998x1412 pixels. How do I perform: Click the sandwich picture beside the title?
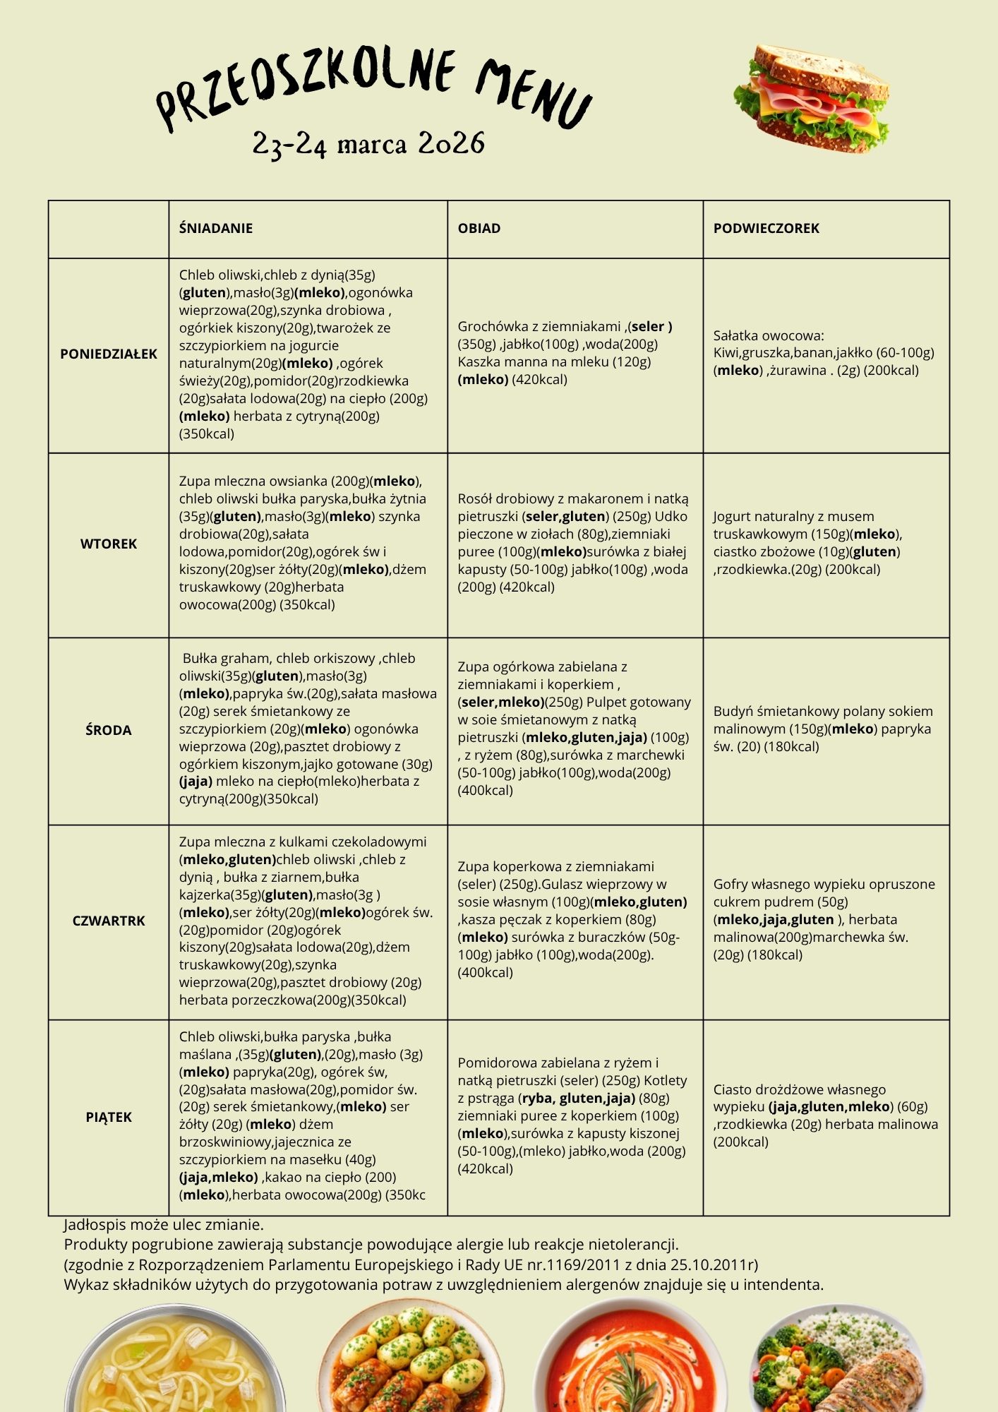[812, 99]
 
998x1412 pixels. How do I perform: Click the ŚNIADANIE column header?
[215, 228]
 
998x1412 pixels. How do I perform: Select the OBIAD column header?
[479, 228]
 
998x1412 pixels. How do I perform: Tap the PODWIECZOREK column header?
[766, 228]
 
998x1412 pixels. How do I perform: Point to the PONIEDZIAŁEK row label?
[109, 354]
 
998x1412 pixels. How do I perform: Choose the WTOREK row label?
[109, 544]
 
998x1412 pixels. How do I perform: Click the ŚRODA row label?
[109, 730]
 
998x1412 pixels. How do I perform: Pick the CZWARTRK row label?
[109, 921]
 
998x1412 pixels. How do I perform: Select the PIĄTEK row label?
[109, 1117]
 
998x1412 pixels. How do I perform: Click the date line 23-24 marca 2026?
[368, 143]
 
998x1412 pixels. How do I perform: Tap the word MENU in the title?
[533, 92]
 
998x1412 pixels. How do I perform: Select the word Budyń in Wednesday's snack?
[734, 711]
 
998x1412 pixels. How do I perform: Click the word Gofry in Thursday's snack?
[731, 884]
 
